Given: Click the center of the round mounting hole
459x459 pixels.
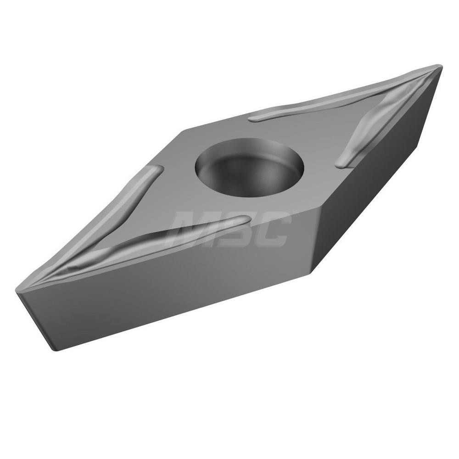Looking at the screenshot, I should (250, 168).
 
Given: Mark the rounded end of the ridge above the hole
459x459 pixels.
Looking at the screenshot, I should (254, 118).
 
